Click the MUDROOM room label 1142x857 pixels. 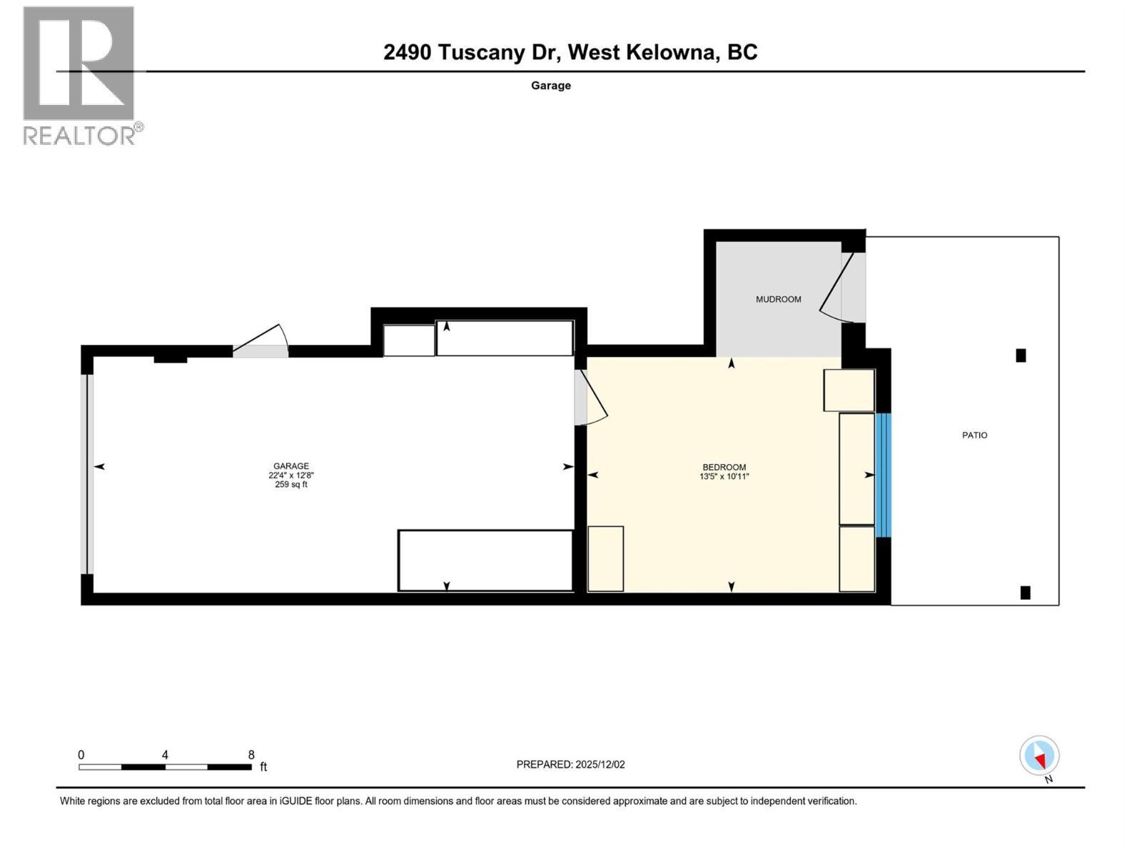coord(778,299)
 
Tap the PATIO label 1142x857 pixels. coord(974,435)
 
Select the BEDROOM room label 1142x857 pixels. coord(724,467)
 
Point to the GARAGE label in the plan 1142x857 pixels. coord(291,466)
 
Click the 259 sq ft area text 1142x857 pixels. coord(291,484)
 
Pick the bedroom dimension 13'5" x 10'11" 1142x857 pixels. coord(724,476)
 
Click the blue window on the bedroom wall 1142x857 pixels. coord(883,475)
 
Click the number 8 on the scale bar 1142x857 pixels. coord(251,755)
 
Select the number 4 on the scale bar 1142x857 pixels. coord(165,755)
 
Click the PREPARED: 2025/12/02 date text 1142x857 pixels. coord(570,764)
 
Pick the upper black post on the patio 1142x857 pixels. coord(1021,356)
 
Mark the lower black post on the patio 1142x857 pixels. coord(1025,592)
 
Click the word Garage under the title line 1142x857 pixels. coord(550,85)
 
